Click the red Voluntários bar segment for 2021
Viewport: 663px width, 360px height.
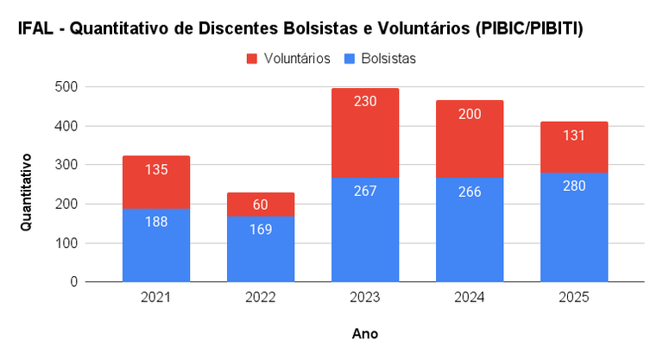click(x=156, y=182)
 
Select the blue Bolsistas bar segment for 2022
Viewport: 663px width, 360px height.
click(x=261, y=249)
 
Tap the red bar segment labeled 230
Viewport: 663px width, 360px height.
click(x=365, y=133)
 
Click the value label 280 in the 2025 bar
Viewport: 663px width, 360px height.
click(x=574, y=186)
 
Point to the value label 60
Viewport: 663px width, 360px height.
click(x=261, y=205)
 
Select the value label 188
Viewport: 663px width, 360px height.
click(x=156, y=221)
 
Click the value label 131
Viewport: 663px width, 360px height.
click(x=574, y=135)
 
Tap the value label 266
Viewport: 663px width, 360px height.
click(x=470, y=191)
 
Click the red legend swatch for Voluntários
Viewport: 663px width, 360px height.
click(x=252, y=59)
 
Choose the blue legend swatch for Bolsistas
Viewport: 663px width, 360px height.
click(x=350, y=59)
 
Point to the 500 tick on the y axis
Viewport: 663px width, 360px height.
click(x=67, y=87)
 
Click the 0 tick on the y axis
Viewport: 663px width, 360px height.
click(x=74, y=282)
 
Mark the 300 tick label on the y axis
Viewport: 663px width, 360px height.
click(x=67, y=165)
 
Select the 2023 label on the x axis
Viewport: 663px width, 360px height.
click(x=365, y=298)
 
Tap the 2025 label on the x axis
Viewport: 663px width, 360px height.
click(x=574, y=298)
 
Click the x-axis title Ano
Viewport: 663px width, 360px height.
click(x=365, y=333)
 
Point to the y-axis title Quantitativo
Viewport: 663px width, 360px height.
click(x=27, y=192)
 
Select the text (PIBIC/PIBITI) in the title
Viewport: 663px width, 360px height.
click(x=526, y=29)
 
